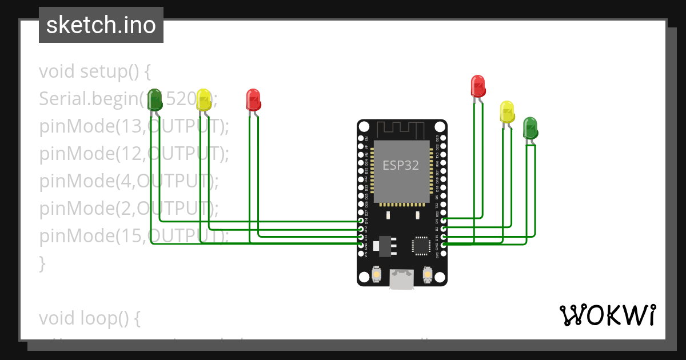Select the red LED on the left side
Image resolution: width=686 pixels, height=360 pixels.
point(253,99)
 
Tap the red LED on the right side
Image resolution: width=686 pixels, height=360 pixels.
point(478,86)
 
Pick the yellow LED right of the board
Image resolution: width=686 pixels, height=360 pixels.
point(506,111)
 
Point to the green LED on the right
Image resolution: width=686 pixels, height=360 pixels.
point(530,127)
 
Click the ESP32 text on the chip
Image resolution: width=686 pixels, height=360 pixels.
point(401,166)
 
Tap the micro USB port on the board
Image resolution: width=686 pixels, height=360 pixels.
point(402,279)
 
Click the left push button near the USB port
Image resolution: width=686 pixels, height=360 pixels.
point(377,275)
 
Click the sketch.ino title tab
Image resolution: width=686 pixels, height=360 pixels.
point(101,25)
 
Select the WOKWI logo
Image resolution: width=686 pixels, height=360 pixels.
point(607,315)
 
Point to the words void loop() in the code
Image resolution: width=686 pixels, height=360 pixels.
point(90,318)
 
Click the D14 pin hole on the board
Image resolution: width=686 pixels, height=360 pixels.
point(361,220)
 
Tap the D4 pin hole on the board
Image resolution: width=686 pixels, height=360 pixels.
point(444,220)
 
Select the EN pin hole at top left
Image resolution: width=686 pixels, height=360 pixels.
point(361,138)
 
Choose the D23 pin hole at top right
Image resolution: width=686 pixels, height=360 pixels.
point(444,138)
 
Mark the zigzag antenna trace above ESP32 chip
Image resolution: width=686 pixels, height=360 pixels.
point(401,130)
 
